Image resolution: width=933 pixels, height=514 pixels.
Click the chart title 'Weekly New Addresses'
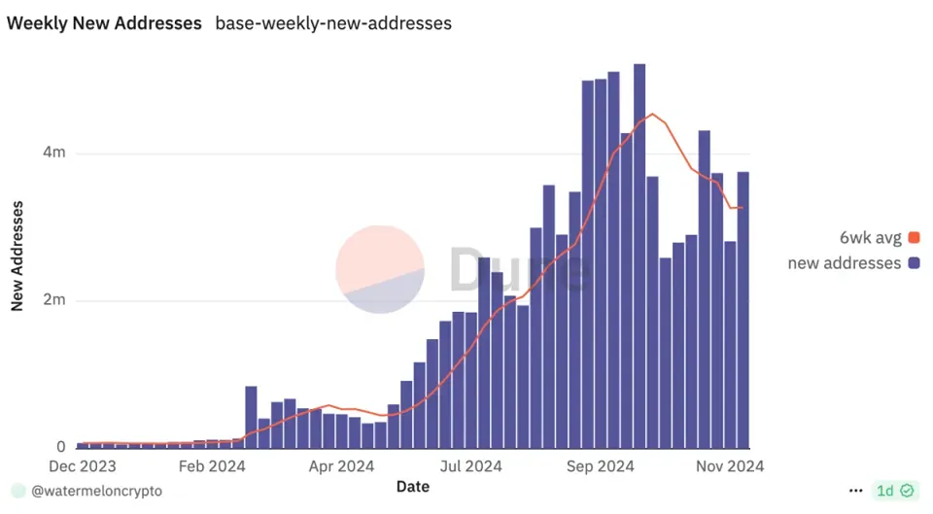click(x=104, y=22)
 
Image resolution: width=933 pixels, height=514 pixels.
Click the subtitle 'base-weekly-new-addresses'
click(x=333, y=22)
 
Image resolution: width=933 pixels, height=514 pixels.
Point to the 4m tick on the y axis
click(x=53, y=153)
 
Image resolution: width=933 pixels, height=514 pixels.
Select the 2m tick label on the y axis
click(x=53, y=300)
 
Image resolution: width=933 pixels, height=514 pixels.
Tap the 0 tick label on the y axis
click(x=60, y=448)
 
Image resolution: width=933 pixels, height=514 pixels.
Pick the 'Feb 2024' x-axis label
click(x=212, y=466)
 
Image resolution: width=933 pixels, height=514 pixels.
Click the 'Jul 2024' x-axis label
click(x=470, y=466)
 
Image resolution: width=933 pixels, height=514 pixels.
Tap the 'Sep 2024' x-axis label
click(x=600, y=466)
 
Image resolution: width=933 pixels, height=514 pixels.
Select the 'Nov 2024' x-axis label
click(x=729, y=466)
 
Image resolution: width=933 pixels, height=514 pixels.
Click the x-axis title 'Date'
click(x=413, y=486)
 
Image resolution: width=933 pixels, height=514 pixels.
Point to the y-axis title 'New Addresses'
click(x=17, y=255)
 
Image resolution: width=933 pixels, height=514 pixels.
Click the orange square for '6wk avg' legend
click(x=914, y=238)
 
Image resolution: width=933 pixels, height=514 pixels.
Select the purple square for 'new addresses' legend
click(x=914, y=263)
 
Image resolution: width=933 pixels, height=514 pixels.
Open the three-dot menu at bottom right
click(x=855, y=491)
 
